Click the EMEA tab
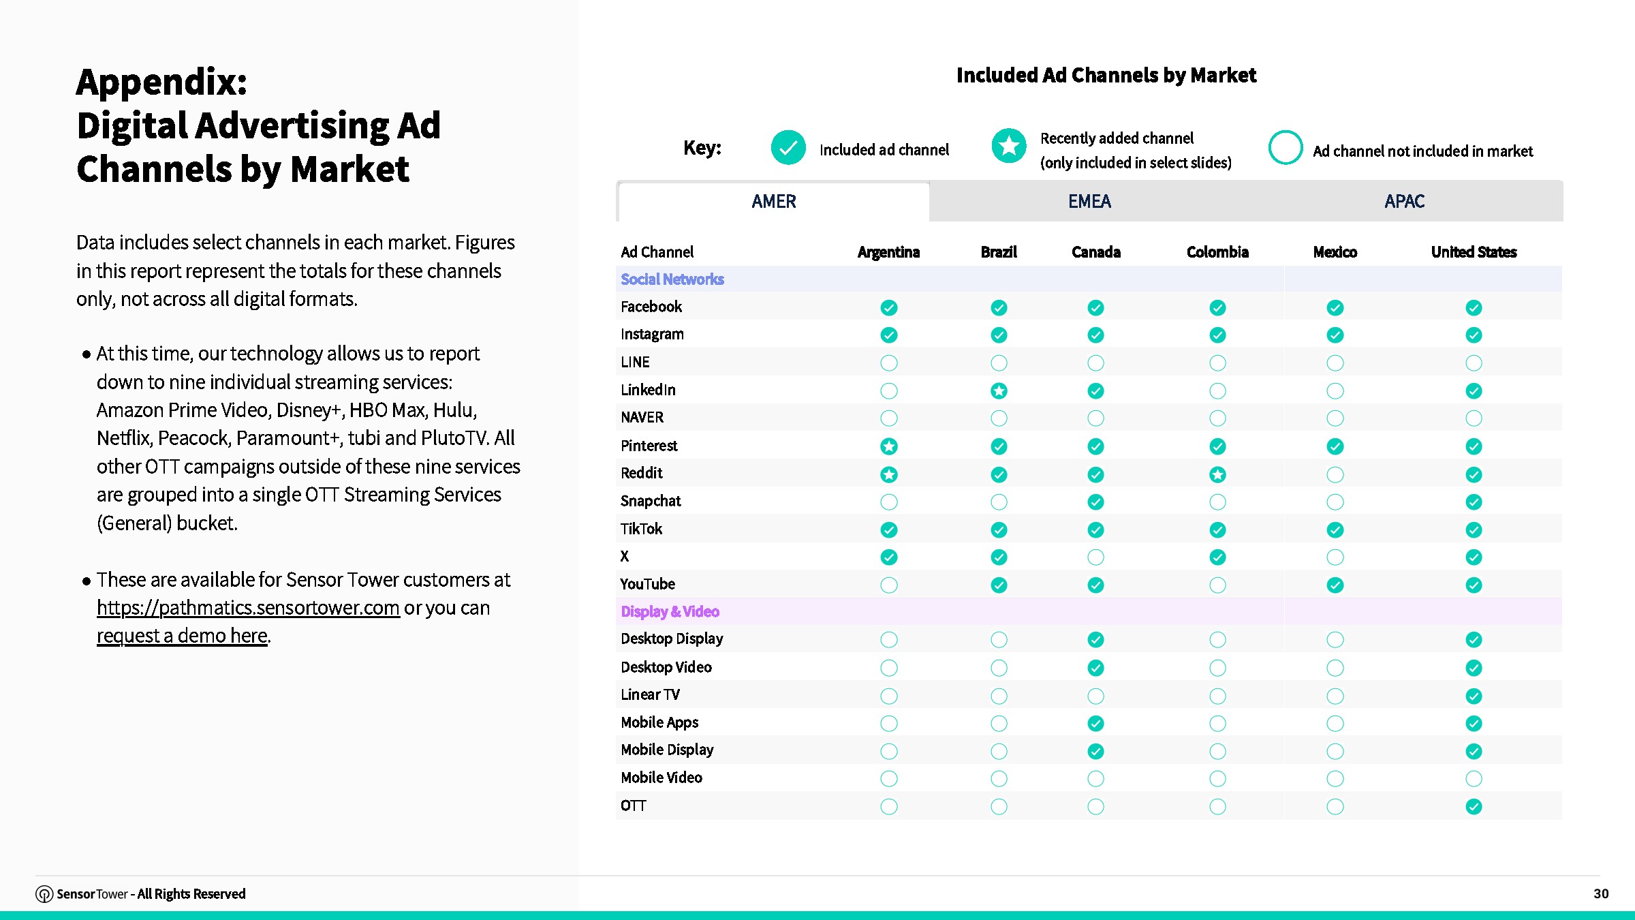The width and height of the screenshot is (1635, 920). [x=1089, y=202]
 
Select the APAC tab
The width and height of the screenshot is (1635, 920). [x=1404, y=202]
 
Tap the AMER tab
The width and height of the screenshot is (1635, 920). [x=774, y=202]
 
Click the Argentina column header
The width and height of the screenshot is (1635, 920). [x=888, y=252]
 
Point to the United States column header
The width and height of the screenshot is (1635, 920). [x=1474, y=252]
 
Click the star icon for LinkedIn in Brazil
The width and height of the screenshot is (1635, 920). [x=999, y=390]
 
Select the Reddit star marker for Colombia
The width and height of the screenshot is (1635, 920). [x=1217, y=474]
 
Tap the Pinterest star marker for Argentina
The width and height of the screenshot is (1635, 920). [x=889, y=446]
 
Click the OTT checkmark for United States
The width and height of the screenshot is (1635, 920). [x=1474, y=807]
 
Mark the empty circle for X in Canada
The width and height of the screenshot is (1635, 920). [x=1095, y=557]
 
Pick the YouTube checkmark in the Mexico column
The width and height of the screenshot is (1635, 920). [x=1335, y=585]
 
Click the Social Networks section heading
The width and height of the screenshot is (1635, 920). [x=672, y=279]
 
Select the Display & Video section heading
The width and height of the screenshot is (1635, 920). [x=670, y=611]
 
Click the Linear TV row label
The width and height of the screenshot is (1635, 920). [x=650, y=694]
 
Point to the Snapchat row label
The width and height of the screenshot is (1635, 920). [x=651, y=501]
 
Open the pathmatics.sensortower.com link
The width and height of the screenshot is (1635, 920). [x=248, y=607]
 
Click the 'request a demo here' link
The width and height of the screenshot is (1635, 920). [x=182, y=635]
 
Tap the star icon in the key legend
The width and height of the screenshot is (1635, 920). [x=1009, y=146]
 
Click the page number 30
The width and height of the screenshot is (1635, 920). [x=1601, y=893]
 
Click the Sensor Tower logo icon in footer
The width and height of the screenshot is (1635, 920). [x=44, y=894]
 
